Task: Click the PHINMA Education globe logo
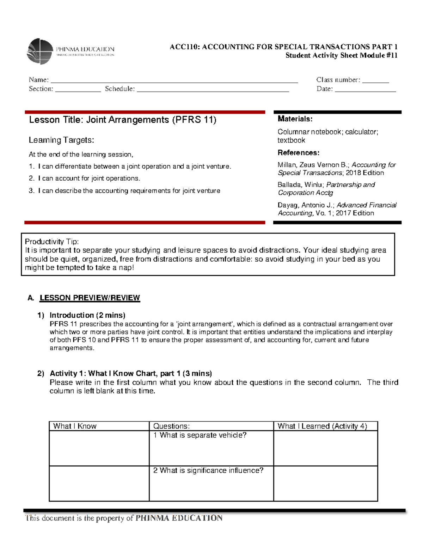tap(40, 51)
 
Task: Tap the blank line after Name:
tap(174, 80)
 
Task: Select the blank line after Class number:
tap(375, 80)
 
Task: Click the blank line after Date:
tap(365, 89)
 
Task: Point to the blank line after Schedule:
tap(213, 89)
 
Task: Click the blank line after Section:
tap(78, 89)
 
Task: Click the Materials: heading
tap(295, 119)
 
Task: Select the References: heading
tap(298, 153)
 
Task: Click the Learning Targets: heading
tap(61, 140)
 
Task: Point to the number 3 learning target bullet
tap(31, 191)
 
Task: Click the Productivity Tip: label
tap(51, 242)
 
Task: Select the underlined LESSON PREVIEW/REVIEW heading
tap(90, 298)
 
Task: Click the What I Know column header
tap(75, 426)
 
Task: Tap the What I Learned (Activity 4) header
tap(322, 426)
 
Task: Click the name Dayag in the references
tap(287, 205)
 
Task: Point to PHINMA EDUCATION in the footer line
tap(179, 518)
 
